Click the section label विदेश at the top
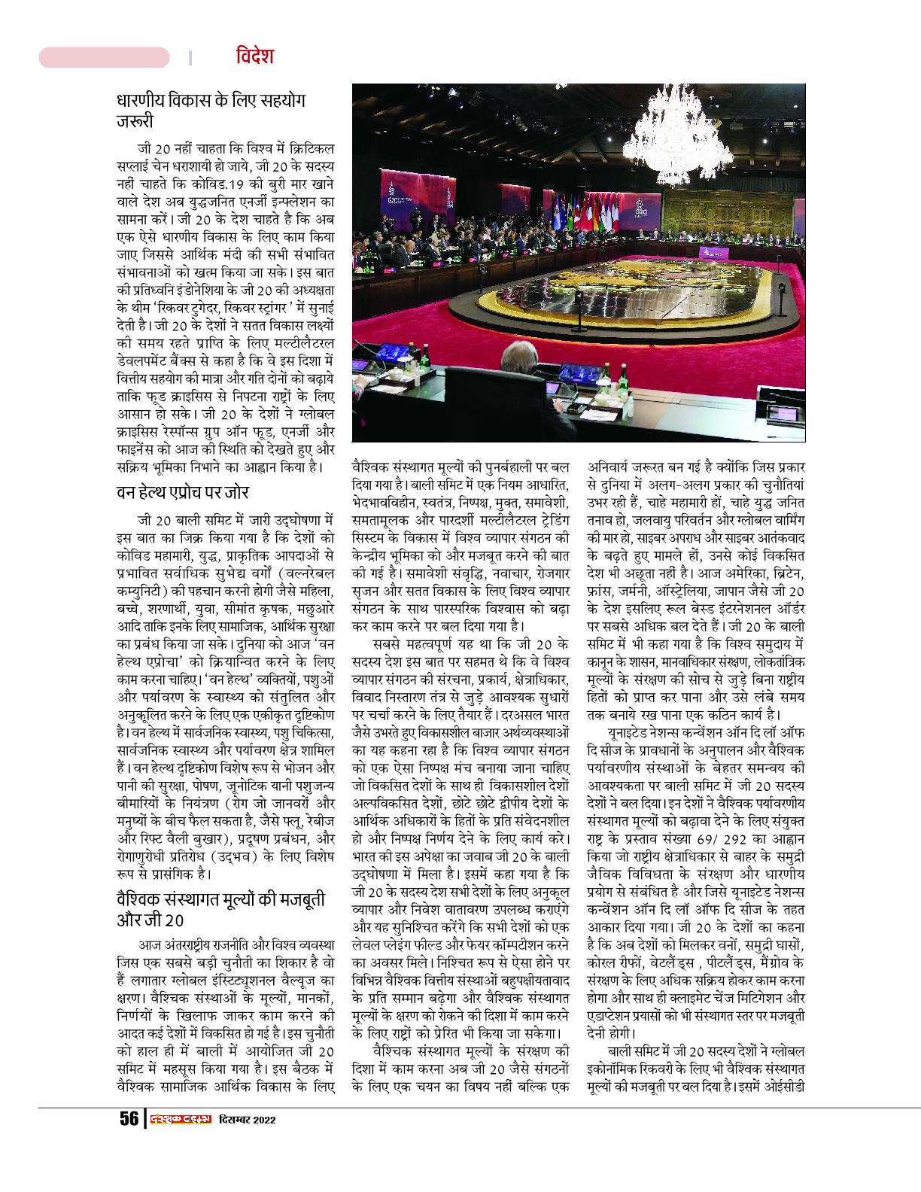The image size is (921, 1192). point(253,57)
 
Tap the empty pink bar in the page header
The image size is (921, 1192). point(104,58)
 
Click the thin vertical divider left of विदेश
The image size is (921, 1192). point(190,58)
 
